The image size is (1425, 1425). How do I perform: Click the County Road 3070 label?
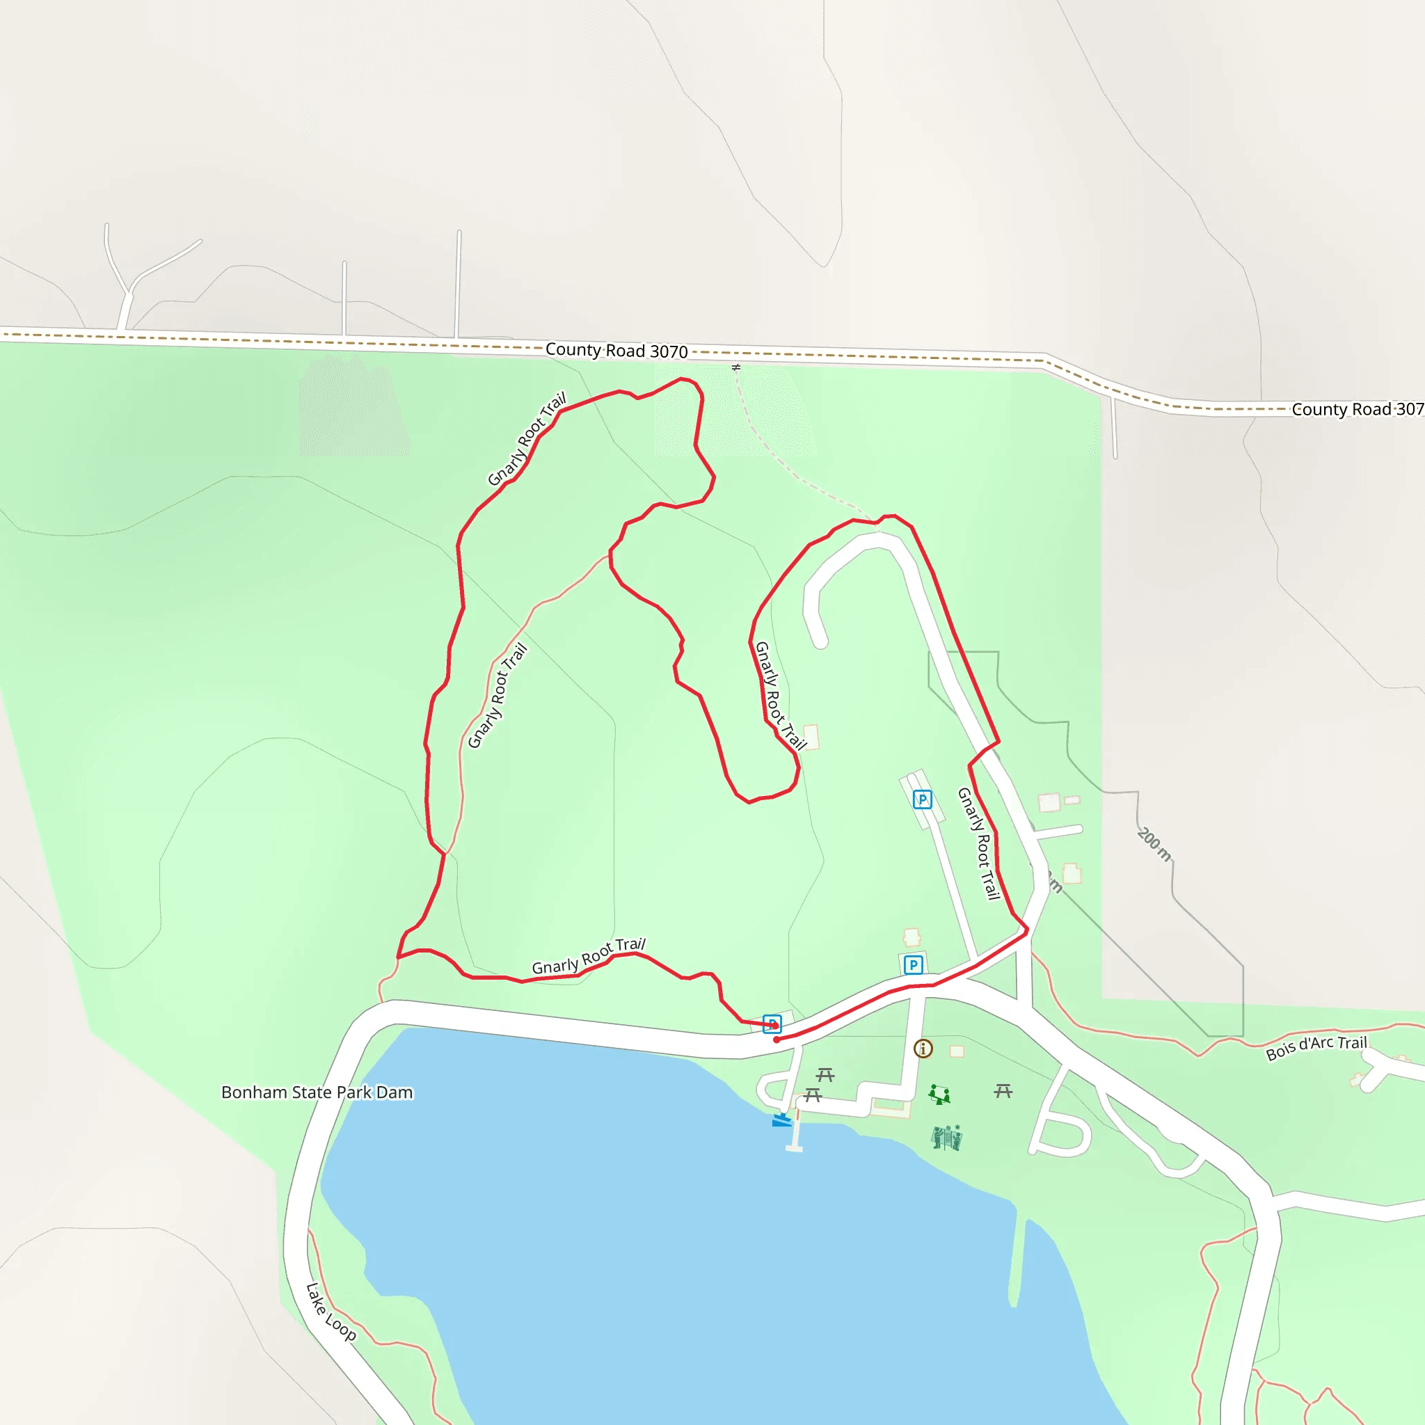[616, 351]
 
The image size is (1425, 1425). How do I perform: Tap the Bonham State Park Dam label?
[317, 1092]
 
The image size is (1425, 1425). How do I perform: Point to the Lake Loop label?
[331, 1312]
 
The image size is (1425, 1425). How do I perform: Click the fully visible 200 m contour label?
[1154, 845]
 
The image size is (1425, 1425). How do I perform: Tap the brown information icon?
[923, 1048]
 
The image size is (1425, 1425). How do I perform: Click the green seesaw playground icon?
[939, 1094]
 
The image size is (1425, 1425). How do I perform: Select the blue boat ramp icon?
[781, 1120]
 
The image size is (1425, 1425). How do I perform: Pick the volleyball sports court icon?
[946, 1138]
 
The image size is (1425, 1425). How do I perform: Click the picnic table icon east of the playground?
[1003, 1091]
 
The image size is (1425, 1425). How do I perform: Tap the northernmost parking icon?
[922, 799]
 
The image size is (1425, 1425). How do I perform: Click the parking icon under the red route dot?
[772, 1023]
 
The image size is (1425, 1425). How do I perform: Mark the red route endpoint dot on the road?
[777, 1040]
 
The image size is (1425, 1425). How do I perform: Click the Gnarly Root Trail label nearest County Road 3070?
[527, 439]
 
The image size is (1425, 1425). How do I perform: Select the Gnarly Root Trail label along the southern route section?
[589, 957]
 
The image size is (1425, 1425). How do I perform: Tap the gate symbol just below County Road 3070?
[736, 367]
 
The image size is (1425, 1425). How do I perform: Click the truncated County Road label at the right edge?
[1357, 409]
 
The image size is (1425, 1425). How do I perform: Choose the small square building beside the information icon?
[957, 1051]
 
